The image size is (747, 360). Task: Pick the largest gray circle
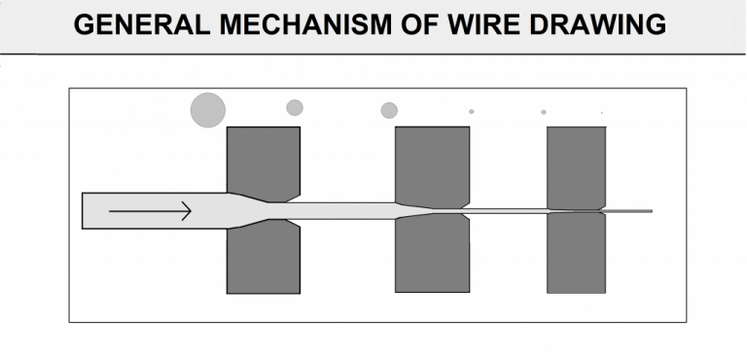[208, 110]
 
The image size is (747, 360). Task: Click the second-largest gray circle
[295, 108]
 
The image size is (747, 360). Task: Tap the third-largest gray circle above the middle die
[389, 111]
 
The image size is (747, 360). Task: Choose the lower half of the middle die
[432, 255]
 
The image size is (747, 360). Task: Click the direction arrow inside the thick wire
[151, 210]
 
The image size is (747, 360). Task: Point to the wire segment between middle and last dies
[506, 210]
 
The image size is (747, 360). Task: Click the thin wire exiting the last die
[630, 210]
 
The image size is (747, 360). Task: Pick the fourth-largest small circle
[472, 112]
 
